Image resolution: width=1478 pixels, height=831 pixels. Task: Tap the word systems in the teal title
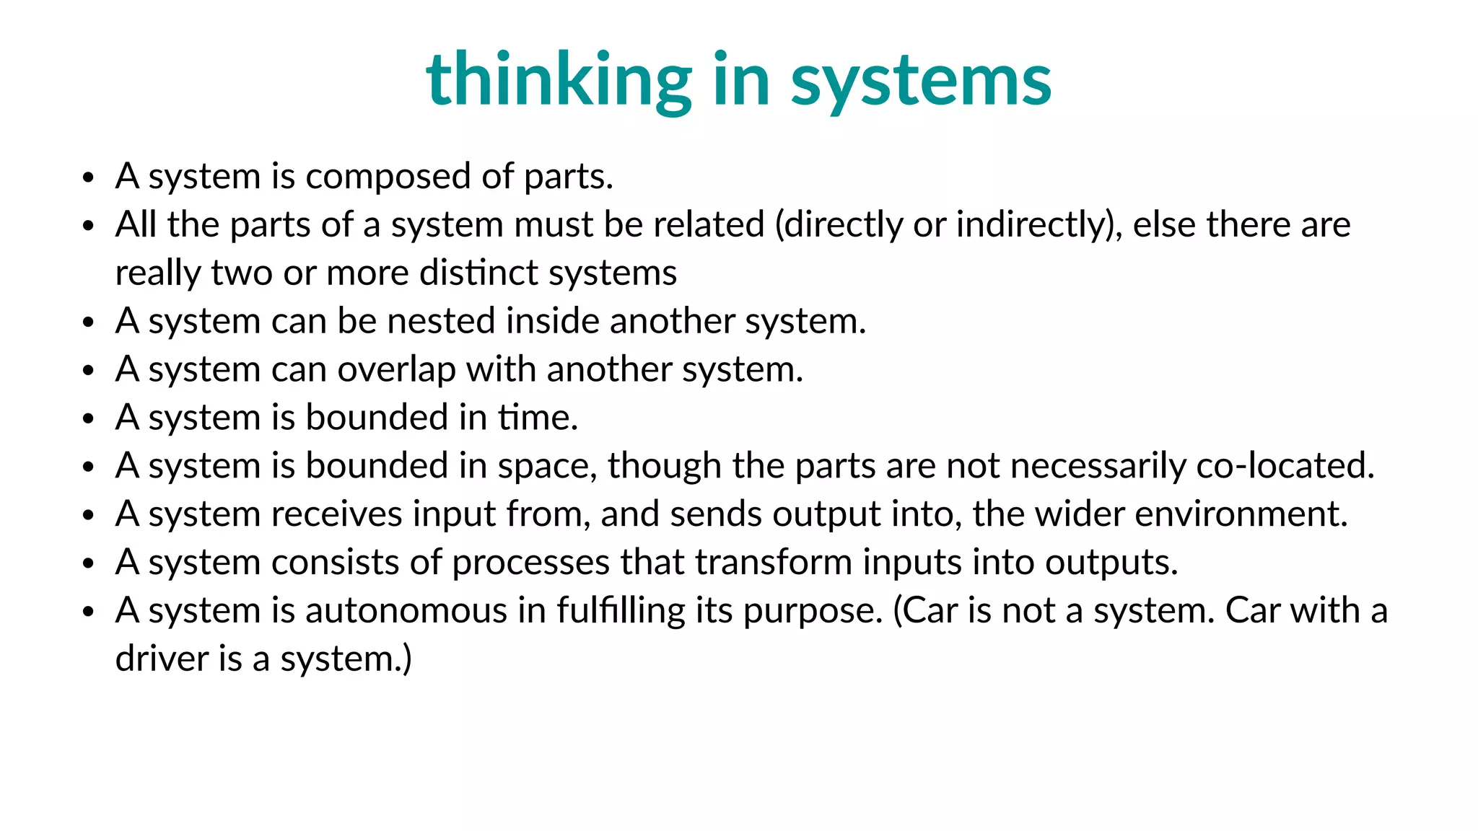[921, 81]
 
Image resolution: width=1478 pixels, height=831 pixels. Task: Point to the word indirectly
[1038, 225]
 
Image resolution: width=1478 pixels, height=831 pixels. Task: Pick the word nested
[442, 322]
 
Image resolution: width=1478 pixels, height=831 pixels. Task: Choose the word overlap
[396, 370]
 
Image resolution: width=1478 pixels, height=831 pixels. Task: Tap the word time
[538, 418]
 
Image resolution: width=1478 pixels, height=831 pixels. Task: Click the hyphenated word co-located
[1285, 466]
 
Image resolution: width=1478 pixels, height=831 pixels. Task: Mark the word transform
[774, 563]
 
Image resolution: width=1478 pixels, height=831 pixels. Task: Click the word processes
[530, 563]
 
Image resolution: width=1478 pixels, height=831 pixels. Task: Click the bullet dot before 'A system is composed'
[88, 177]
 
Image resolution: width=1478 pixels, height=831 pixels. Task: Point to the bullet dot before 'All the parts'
[88, 226]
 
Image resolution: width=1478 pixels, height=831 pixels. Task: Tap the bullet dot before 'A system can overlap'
[88, 371]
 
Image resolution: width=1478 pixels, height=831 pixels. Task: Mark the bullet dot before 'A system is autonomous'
[88, 612]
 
